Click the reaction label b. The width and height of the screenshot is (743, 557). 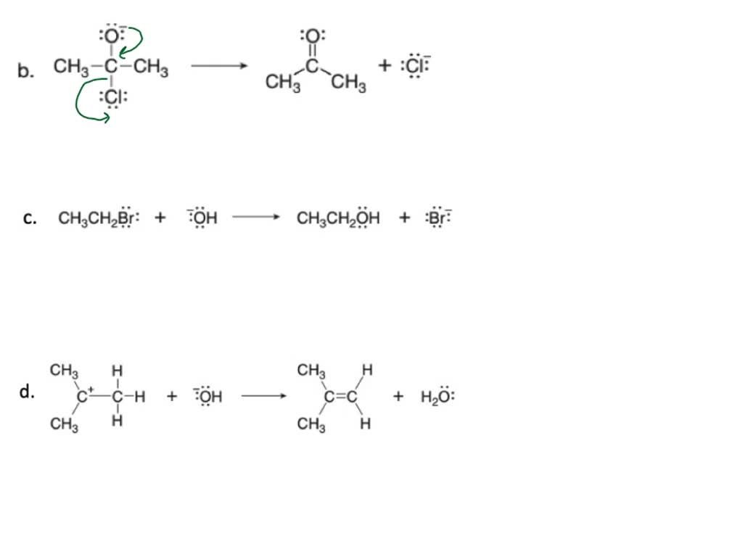coord(25,70)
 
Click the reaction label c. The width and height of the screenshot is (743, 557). coord(29,218)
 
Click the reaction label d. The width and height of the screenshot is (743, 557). coord(27,392)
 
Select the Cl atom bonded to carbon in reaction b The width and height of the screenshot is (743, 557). coord(112,97)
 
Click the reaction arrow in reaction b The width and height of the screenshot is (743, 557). coord(219,66)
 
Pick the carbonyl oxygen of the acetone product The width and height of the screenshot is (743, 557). coord(312,36)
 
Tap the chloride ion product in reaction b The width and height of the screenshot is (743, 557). coord(416,65)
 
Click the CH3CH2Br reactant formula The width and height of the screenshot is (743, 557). coord(99,218)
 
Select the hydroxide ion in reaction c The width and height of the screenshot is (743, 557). coord(202,218)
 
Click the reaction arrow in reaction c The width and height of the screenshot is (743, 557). coord(256,218)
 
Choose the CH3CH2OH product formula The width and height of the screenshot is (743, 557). coord(338,218)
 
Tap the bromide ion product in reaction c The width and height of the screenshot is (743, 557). coord(439,218)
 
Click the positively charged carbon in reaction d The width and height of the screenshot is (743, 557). coord(83,395)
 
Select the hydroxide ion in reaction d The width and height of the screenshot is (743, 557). coord(208,396)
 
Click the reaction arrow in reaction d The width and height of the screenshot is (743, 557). coord(264,396)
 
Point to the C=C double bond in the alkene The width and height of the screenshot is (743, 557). coord(341,396)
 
